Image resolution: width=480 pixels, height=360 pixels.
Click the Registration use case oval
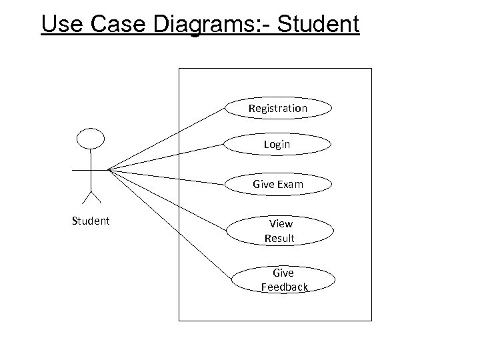pos(278,108)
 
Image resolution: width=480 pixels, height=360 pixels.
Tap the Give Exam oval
pos(278,184)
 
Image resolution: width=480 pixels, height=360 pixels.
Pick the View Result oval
pos(279,231)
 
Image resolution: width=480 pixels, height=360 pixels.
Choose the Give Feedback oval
pos(283,280)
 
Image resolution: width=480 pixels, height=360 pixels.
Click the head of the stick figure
pos(91,139)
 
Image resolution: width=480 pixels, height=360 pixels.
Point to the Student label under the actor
pos(91,221)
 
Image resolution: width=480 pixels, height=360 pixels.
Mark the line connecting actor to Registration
pos(167,138)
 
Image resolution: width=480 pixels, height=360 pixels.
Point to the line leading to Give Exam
pos(167,176)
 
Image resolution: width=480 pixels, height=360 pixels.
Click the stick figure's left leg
pos(86,197)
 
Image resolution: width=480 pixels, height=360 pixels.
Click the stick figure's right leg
pos(95,197)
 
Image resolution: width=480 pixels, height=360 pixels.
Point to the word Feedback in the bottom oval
pos(285,287)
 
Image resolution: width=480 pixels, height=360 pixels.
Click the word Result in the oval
pos(279,238)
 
